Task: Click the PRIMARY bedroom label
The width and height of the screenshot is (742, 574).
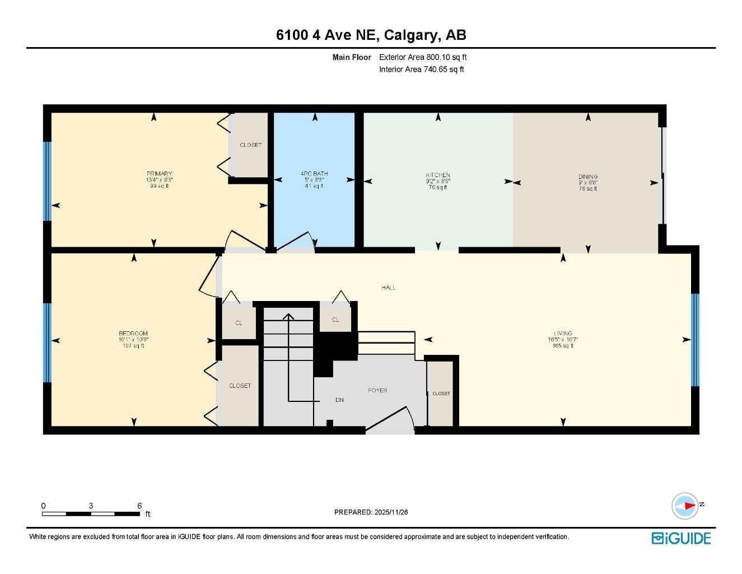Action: coord(159,174)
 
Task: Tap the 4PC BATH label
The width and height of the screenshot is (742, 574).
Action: coord(314,174)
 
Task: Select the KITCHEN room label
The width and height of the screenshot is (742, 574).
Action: coord(437,175)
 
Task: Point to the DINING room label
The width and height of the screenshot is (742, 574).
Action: coord(588,177)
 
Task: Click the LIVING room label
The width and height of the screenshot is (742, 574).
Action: coord(563,334)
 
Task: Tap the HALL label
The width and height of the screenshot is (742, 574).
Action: coord(389,288)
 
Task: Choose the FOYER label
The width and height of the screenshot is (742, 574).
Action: coord(377,390)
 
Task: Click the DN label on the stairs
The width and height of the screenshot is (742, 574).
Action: coord(339,400)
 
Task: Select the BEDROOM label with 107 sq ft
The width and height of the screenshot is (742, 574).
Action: coord(133,334)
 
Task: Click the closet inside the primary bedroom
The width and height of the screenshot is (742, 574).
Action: coord(250,145)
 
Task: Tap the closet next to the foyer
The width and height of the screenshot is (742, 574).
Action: coord(441,394)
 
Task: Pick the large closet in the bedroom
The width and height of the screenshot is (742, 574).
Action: coord(240,386)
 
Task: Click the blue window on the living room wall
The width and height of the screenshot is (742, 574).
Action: coord(695,340)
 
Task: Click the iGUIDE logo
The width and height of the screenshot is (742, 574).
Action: coord(681,539)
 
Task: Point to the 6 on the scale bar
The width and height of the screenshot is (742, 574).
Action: coord(139,506)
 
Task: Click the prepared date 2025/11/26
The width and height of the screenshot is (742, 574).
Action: coord(391,512)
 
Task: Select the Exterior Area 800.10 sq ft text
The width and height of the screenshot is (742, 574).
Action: coord(423,57)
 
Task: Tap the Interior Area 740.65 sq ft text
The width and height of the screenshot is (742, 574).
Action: coord(421,70)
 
